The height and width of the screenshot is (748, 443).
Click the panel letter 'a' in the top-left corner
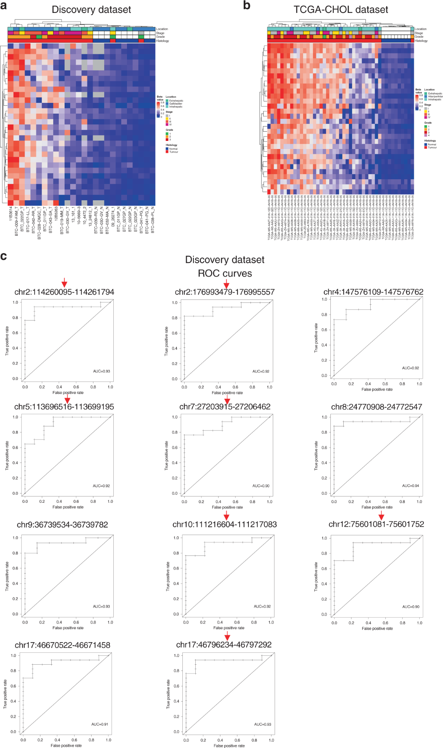4,6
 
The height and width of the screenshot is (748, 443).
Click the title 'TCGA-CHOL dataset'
340,10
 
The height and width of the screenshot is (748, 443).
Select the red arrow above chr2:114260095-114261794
64,283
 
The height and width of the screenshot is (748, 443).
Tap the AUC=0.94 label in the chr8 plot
411,486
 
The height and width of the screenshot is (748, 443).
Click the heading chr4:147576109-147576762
373,292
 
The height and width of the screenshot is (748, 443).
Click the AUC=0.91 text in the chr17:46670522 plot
100,724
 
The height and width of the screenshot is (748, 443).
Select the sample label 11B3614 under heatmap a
11,214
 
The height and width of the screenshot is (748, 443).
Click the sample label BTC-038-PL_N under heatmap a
152,220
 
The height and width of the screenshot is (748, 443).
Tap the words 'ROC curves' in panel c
225,274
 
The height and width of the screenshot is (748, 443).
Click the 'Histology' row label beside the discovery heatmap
162,41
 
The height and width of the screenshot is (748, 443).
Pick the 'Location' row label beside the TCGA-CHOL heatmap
420,29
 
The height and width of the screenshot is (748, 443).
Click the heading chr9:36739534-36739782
62,524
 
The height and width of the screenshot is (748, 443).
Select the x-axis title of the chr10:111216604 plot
229,628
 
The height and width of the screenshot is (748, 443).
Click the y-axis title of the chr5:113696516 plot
7,455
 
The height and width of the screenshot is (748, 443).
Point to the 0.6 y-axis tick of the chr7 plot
175,448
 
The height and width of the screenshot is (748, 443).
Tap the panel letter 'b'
247,6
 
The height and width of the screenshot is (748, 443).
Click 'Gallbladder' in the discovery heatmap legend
176,104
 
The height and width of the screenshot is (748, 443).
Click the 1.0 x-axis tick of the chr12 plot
419,623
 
